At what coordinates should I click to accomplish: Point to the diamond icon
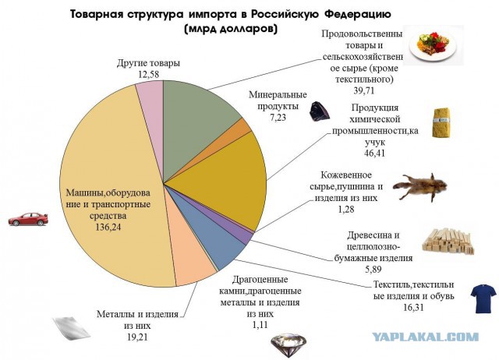[287, 342]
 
